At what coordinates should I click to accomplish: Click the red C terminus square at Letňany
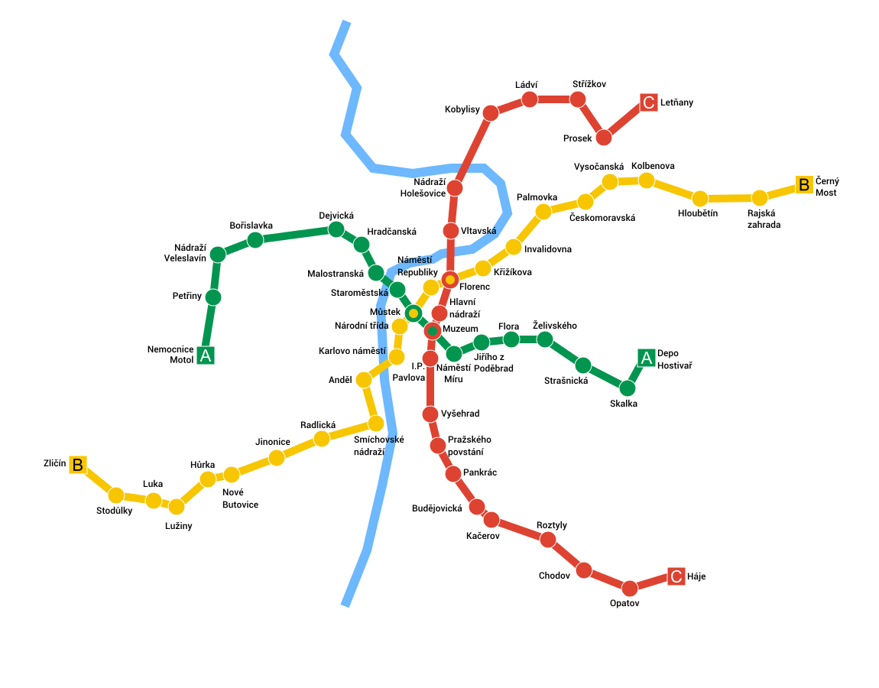[x=648, y=102]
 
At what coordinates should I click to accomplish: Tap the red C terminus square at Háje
[x=676, y=576]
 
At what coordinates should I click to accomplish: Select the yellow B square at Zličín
[x=77, y=464]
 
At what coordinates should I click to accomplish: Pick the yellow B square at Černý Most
[x=803, y=184]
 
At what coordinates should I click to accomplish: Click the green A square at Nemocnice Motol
[x=205, y=355]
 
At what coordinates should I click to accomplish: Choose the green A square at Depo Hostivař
[x=646, y=357]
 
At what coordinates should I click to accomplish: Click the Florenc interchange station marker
[x=450, y=280]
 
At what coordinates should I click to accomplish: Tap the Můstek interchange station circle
[x=414, y=313]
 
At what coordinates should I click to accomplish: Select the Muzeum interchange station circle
[x=432, y=330]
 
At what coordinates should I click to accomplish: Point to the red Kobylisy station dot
[x=491, y=113]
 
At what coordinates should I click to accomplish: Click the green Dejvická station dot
[x=336, y=229]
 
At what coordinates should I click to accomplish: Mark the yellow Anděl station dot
[x=364, y=380]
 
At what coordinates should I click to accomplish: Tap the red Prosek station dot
[x=604, y=138]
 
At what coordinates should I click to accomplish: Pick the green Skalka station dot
[x=628, y=388]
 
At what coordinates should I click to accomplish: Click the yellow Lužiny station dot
[x=177, y=507]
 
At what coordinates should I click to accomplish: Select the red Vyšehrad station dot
[x=430, y=414]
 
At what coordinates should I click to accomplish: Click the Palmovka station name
[x=537, y=197]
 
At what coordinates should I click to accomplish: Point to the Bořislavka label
[x=251, y=226]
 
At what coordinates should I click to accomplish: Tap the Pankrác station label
[x=480, y=472]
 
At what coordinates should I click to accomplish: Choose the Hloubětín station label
[x=698, y=213]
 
